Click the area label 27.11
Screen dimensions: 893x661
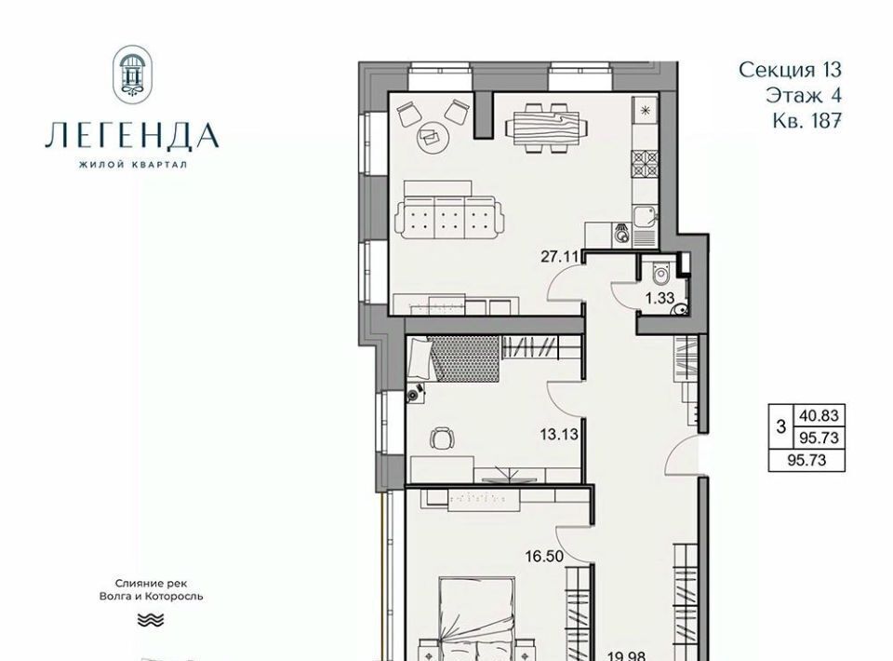click(x=559, y=256)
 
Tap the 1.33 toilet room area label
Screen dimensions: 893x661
click(x=660, y=298)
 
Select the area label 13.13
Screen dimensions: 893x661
click(x=559, y=434)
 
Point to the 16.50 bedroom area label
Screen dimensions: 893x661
click(x=544, y=556)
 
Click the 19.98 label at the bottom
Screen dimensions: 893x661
click(x=626, y=655)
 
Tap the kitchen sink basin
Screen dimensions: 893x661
click(x=645, y=216)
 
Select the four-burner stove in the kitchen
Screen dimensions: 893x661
click(x=645, y=163)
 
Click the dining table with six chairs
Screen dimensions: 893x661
click(x=546, y=128)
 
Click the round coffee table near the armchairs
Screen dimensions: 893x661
click(x=433, y=137)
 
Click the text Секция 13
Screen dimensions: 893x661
click(x=790, y=70)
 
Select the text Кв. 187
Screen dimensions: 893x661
click(x=807, y=120)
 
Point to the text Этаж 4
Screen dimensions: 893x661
click(x=804, y=95)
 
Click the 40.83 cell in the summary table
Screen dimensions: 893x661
click(x=819, y=415)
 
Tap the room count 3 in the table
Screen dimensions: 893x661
click(x=780, y=426)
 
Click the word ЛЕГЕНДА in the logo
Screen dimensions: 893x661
click(x=132, y=136)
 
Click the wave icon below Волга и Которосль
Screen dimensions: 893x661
click(x=151, y=620)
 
